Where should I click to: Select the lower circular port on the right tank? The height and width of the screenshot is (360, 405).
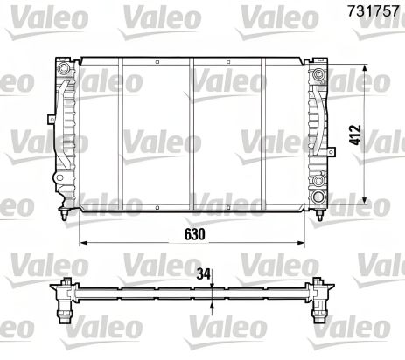317,184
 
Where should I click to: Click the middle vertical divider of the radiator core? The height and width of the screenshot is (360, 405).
192,131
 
